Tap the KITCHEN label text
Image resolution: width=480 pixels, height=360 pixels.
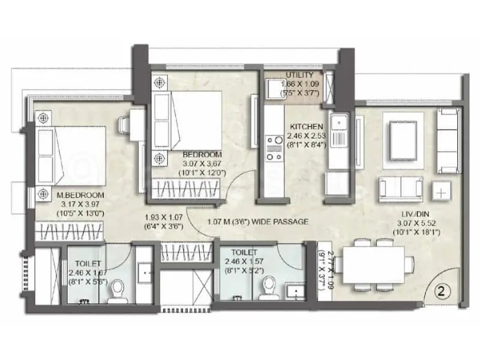pyautogui.click(x=307, y=127)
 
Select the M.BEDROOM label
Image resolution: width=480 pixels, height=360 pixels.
pyautogui.click(x=81, y=196)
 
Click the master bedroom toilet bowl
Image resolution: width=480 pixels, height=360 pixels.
pyautogui.click(x=118, y=292)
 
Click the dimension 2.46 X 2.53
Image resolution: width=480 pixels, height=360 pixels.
pyautogui.click(x=307, y=136)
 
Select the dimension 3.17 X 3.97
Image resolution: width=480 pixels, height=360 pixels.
pyautogui.click(x=81, y=204)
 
